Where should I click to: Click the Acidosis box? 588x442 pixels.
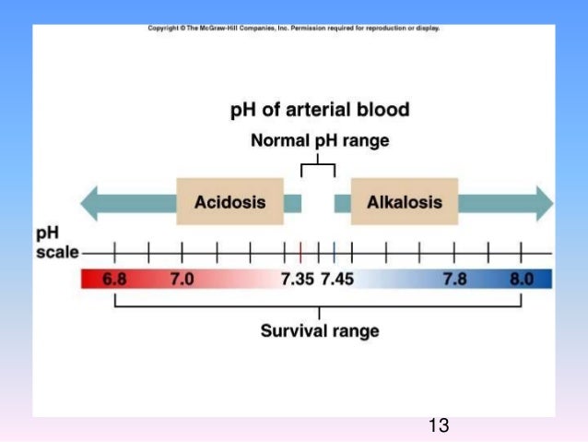[229, 202]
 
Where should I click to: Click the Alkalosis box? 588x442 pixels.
[404, 202]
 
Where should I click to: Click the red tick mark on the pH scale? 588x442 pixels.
[300, 252]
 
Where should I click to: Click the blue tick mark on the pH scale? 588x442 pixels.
[335, 252]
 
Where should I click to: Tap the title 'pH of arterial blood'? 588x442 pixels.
[319, 111]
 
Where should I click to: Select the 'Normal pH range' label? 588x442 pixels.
[320, 141]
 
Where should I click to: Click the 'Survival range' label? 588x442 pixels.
[319, 331]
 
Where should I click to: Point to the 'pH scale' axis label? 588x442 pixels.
[56, 243]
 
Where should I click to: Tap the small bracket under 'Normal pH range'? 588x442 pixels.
[318, 167]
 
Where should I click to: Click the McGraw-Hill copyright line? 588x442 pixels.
[293, 29]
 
